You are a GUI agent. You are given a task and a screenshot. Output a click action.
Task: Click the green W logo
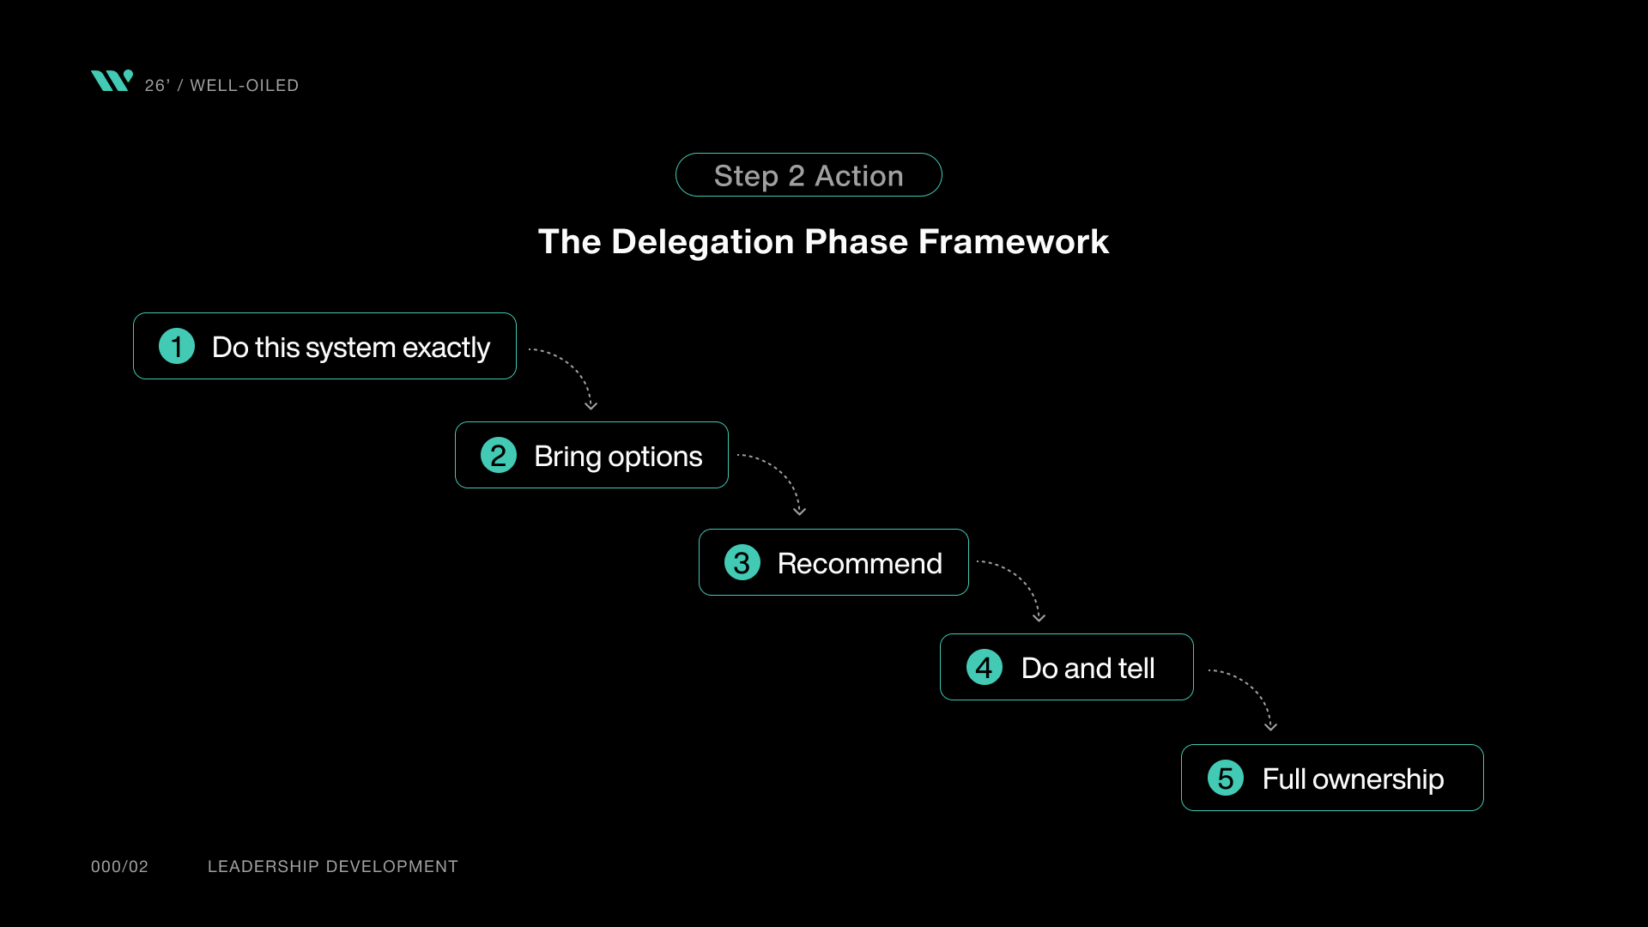(x=112, y=81)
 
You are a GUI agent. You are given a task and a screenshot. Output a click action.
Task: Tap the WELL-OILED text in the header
(x=244, y=86)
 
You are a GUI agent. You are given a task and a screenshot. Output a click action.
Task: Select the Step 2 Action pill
(x=809, y=175)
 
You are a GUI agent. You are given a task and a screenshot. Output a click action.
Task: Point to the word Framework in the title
(x=1014, y=242)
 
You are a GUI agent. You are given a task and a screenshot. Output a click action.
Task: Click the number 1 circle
(x=177, y=347)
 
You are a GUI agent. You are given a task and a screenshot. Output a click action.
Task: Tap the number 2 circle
(x=499, y=456)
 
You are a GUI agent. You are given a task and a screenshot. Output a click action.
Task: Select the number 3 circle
(x=742, y=563)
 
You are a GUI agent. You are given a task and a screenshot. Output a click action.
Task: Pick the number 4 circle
(x=985, y=668)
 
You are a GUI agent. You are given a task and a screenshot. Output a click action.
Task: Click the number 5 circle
(x=1226, y=779)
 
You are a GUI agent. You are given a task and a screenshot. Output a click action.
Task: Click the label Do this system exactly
(x=350, y=348)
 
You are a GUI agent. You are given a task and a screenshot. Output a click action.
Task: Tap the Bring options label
(x=618, y=457)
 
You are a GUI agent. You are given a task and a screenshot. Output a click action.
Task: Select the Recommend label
(x=859, y=564)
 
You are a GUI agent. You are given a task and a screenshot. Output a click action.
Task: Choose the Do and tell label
(x=1088, y=669)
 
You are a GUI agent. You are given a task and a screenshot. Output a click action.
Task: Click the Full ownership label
(x=1353, y=779)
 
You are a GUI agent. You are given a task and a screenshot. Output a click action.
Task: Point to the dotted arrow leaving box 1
(x=571, y=369)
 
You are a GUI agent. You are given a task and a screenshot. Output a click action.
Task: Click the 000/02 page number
(x=119, y=867)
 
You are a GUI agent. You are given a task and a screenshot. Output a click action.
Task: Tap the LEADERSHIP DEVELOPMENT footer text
(x=333, y=867)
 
